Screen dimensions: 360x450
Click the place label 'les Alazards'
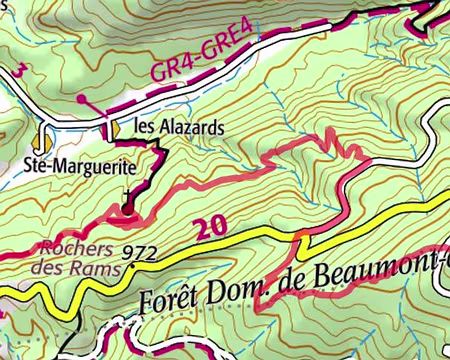click(x=166, y=129)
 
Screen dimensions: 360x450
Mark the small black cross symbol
click(x=126, y=195)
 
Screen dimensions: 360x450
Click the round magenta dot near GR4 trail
click(x=81, y=101)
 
